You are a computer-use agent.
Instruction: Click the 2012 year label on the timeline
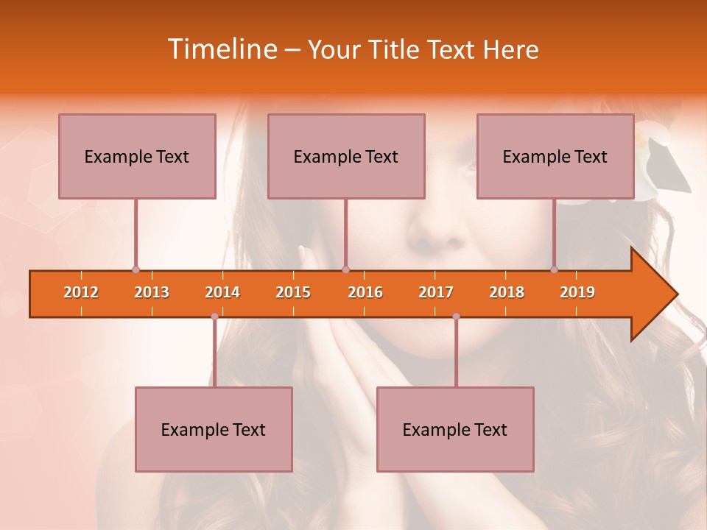tap(81, 292)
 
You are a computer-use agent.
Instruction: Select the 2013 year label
tap(152, 292)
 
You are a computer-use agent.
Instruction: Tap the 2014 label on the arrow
tap(222, 292)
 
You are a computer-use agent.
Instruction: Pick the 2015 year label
tap(293, 292)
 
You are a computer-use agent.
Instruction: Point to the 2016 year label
tap(365, 292)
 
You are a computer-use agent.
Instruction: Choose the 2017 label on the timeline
tap(436, 292)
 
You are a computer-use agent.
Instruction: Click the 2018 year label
tap(507, 292)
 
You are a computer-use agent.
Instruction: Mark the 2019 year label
tap(577, 292)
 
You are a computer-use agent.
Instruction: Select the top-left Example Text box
tap(137, 156)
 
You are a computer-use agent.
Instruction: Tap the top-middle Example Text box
tap(346, 156)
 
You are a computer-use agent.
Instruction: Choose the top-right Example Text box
tap(555, 156)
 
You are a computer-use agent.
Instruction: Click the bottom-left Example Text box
tap(214, 429)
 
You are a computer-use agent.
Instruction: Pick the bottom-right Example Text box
tap(455, 429)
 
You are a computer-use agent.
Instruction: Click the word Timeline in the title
tap(221, 49)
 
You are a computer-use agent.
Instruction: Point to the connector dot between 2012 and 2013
tap(136, 269)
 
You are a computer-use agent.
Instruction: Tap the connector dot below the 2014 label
tap(214, 317)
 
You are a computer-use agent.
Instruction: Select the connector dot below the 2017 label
tap(456, 317)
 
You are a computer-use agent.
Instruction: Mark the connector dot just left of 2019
tap(554, 269)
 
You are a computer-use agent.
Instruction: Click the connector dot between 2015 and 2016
tap(345, 269)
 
